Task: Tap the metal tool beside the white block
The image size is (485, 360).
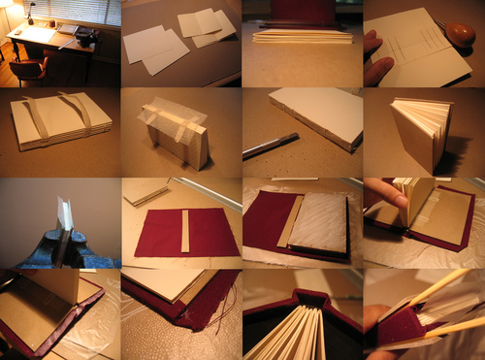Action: (262, 147)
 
